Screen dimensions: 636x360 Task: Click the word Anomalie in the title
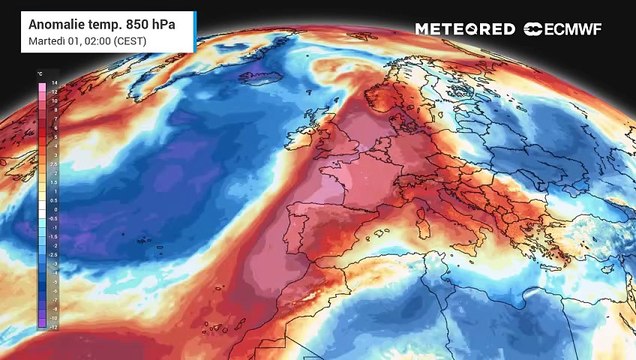(58, 22)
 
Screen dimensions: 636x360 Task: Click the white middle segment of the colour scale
(41, 206)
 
